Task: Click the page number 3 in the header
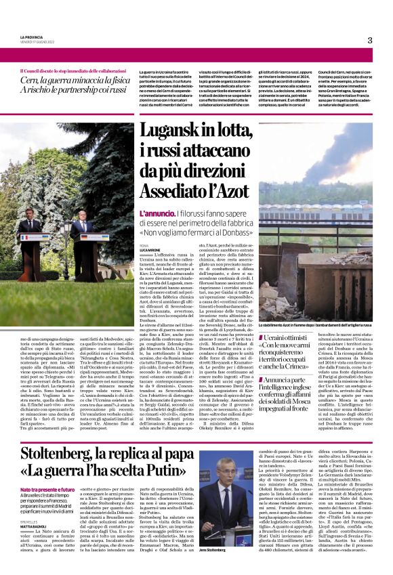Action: coord(369,40)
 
